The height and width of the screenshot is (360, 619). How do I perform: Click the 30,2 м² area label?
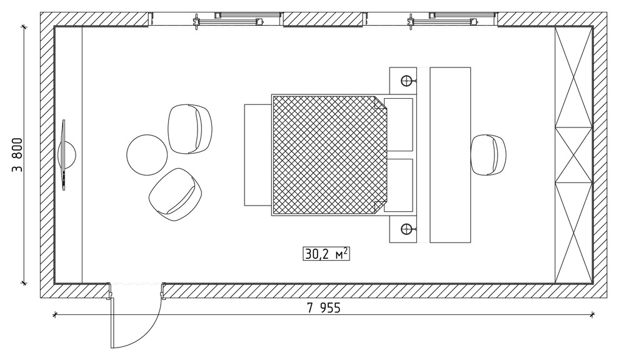[326, 254]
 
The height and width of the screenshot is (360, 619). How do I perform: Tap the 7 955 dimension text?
[323, 307]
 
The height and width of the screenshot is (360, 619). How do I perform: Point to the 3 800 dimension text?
[18, 155]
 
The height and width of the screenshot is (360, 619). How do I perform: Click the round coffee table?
[147, 155]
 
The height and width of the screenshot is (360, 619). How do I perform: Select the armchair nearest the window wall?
[190, 129]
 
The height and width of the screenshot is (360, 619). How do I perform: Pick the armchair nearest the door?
[176, 194]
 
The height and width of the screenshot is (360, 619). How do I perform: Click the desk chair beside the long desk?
[488, 155]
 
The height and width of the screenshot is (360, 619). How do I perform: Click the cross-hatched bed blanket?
[330, 155]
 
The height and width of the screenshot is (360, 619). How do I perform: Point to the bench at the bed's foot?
[258, 155]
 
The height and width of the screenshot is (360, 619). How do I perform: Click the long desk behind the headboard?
[450, 155]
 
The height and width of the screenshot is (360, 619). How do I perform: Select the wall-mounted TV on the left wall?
[64, 155]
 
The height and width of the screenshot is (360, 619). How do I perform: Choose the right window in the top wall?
[430, 19]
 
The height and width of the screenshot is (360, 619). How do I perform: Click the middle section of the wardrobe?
[573, 155]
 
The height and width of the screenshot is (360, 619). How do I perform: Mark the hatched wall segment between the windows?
[323, 19]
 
